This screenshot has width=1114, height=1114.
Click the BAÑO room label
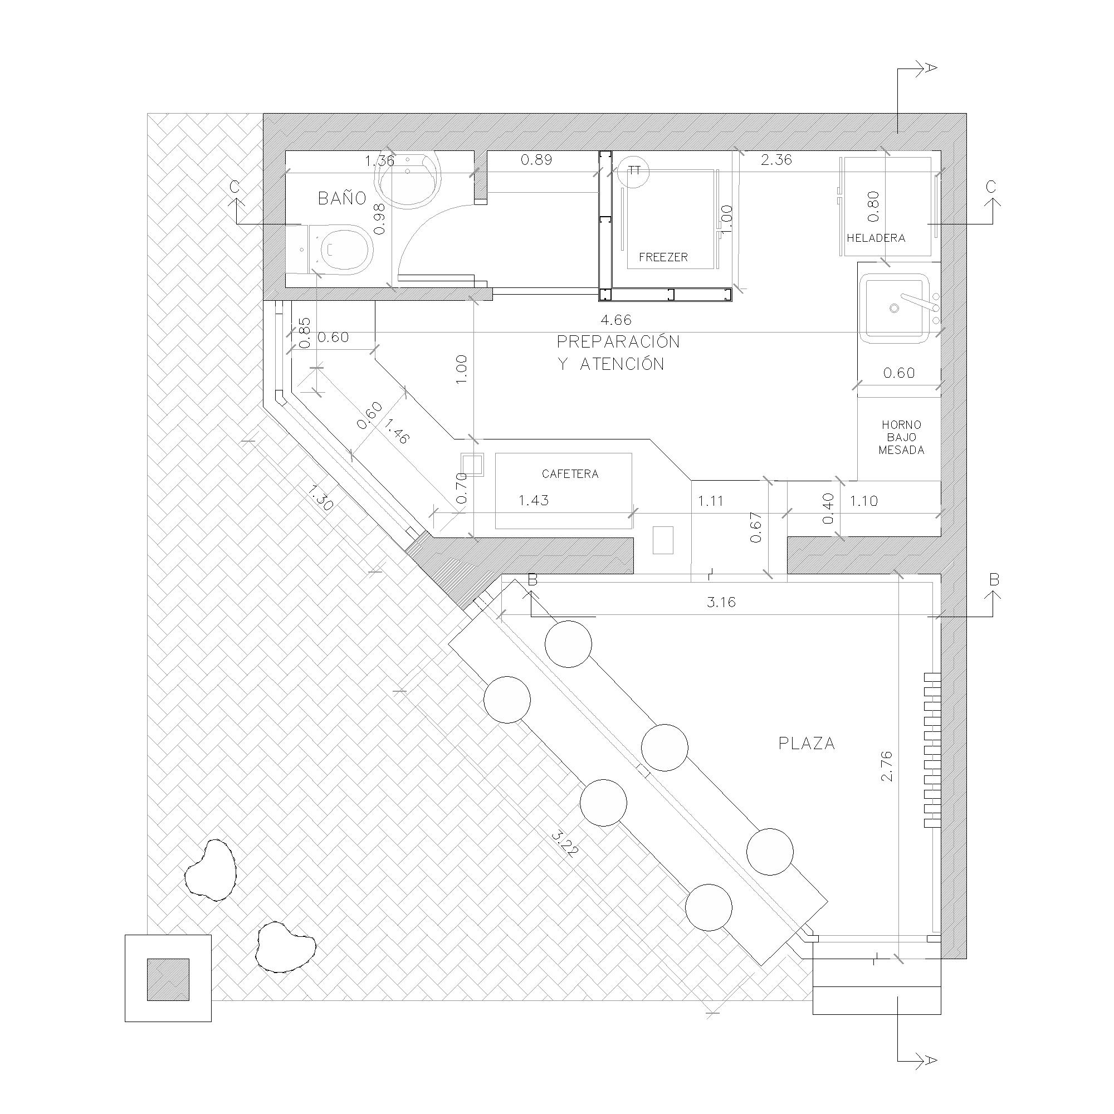342,198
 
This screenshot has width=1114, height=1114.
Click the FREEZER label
663,257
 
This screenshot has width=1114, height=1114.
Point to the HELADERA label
876,238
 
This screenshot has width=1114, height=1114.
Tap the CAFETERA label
570,474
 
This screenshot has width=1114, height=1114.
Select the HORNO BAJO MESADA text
901,438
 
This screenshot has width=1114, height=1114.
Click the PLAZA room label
807,743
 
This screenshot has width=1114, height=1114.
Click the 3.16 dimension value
721,602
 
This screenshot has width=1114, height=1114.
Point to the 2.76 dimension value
887,766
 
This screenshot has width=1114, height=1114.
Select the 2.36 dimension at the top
776,160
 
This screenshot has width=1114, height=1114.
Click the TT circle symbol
634,170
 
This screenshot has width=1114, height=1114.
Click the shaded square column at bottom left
168,980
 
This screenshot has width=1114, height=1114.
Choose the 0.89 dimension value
536,160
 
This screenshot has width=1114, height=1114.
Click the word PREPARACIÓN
618,341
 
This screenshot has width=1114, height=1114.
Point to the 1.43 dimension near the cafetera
534,500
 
